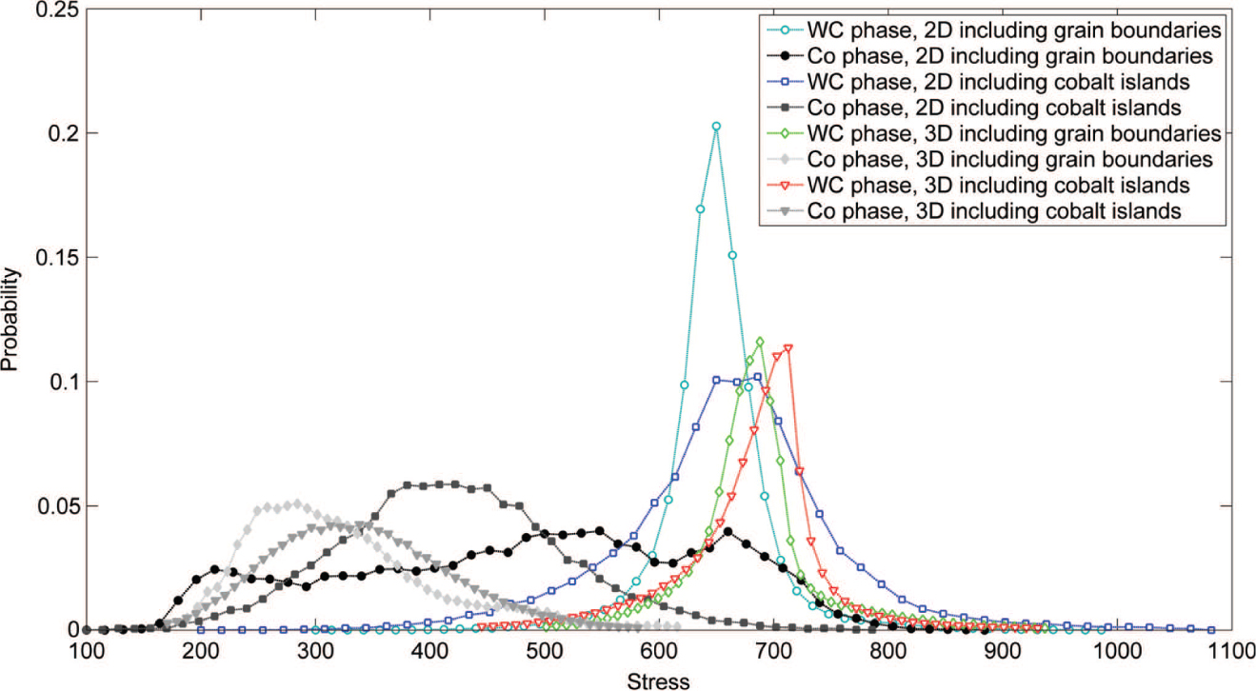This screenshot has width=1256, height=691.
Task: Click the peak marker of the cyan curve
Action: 716,126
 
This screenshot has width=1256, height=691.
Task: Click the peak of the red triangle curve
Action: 787,348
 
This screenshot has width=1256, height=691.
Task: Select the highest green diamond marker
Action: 760,342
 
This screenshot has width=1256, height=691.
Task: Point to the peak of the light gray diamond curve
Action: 297,503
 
